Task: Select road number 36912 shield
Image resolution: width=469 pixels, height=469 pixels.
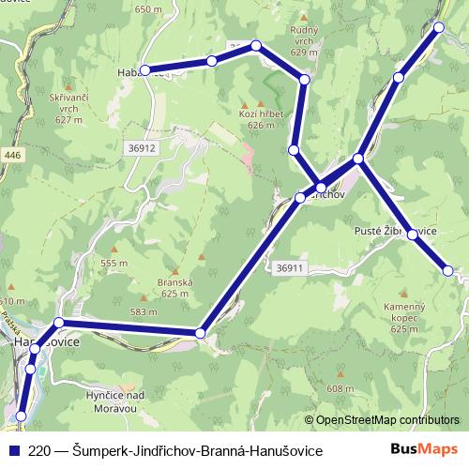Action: (142, 147)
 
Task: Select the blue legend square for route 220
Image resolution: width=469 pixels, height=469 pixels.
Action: (12, 451)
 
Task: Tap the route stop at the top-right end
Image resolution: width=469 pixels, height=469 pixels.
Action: (439, 27)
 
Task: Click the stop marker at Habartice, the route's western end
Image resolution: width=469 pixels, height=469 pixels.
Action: (145, 70)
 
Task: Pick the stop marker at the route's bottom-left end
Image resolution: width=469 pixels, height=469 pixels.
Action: (21, 416)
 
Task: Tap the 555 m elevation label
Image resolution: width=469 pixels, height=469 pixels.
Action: (113, 264)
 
